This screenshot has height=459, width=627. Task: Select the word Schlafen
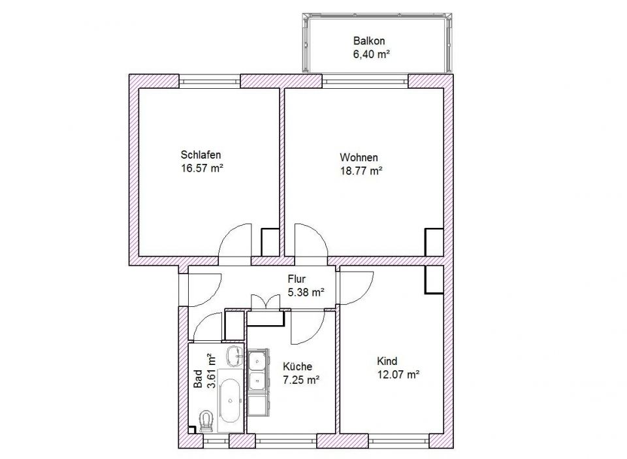(201, 155)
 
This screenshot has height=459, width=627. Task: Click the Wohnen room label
(359, 159)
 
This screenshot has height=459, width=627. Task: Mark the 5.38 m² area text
(306, 293)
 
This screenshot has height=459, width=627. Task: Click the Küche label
(297, 367)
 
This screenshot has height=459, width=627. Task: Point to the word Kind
(387, 361)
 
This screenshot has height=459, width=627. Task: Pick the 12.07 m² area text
(398, 374)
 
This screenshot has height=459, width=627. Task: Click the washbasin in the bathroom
(233, 357)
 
